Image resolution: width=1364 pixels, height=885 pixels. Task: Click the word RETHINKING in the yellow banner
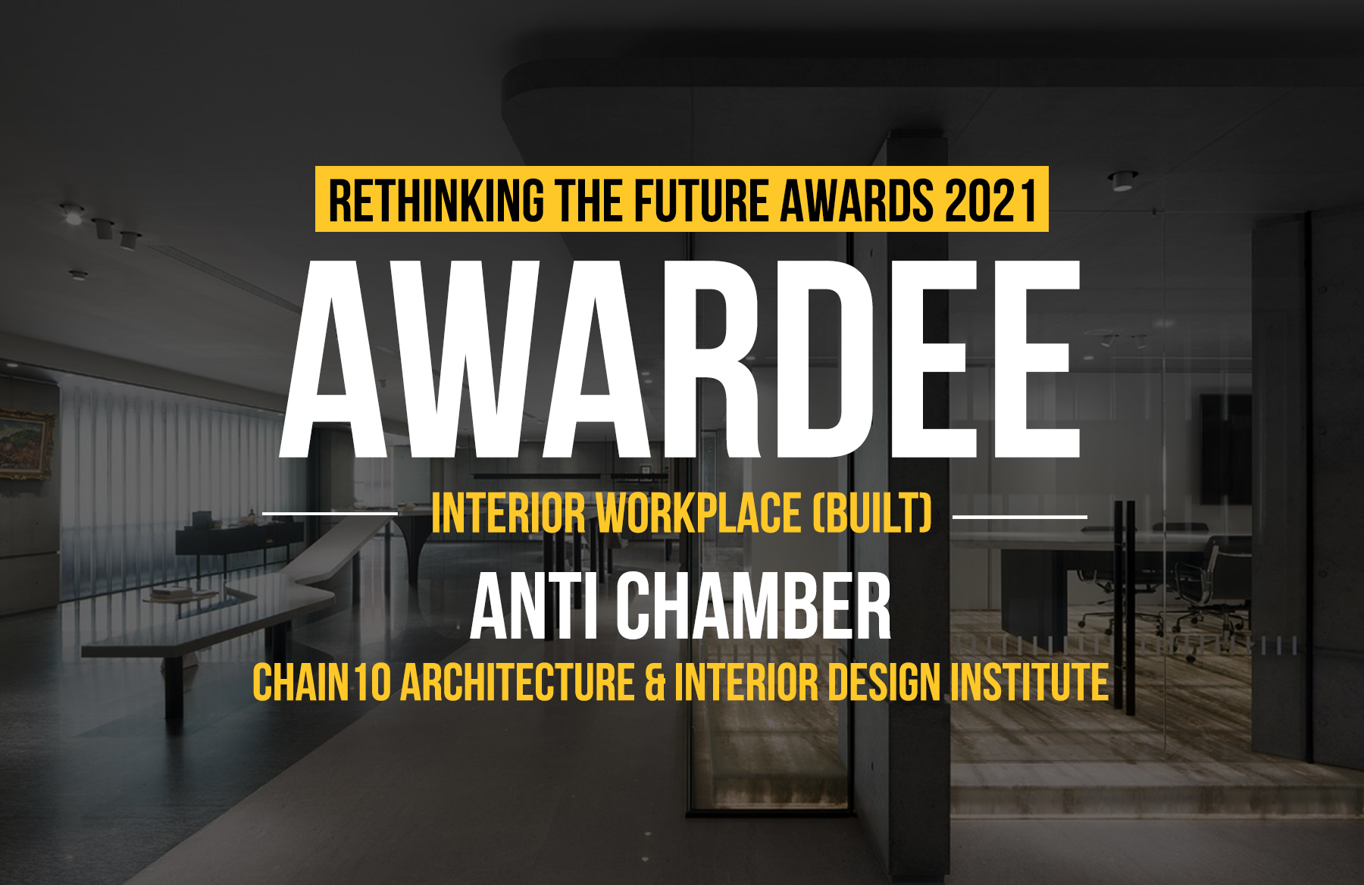click(x=436, y=200)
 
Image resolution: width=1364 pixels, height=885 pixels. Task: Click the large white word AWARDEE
click(x=680, y=359)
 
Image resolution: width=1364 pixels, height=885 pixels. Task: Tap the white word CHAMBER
click(x=752, y=606)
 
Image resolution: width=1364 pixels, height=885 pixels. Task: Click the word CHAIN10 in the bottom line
click(x=321, y=682)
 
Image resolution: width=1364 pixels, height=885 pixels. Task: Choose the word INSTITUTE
click(x=1029, y=682)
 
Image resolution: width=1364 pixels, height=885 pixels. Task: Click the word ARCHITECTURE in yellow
click(x=518, y=682)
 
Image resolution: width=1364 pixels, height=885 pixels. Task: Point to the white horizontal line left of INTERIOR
click(x=330, y=514)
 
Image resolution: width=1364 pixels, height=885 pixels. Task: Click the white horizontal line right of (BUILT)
click(x=1019, y=516)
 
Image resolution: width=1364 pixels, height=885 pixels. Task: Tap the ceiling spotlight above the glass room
click(x=1122, y=181)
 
